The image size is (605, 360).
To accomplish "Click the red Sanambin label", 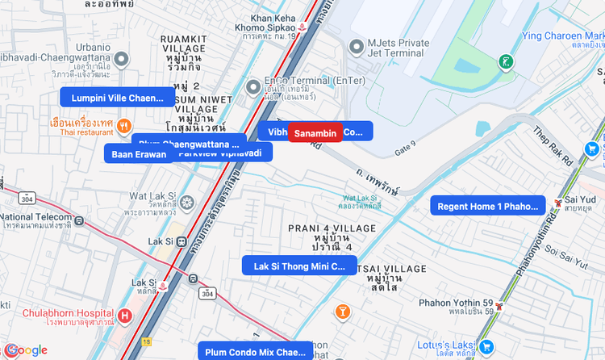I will point(315,132).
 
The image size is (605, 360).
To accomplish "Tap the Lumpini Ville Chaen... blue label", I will point(118,98).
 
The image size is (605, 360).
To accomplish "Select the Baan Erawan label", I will point(139,154).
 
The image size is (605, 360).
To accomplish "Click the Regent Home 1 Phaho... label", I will point(487,207).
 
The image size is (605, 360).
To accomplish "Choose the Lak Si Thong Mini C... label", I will point(299,266).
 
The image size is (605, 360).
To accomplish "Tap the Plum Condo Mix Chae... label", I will point(255,352).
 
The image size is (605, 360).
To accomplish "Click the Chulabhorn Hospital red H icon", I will point(124,315).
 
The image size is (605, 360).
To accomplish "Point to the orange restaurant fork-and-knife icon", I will point(123,124).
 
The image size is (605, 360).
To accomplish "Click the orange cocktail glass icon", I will point(342,312).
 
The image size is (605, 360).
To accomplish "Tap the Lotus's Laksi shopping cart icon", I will point(487,346).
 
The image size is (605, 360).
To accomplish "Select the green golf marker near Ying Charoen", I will point(505,61).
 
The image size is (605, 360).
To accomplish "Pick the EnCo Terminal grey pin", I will point(253,82).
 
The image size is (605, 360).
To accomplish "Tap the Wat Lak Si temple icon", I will point(187,201).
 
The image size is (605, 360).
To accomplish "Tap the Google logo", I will point(27,350).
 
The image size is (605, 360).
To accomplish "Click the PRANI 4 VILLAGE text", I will point(332,228).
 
